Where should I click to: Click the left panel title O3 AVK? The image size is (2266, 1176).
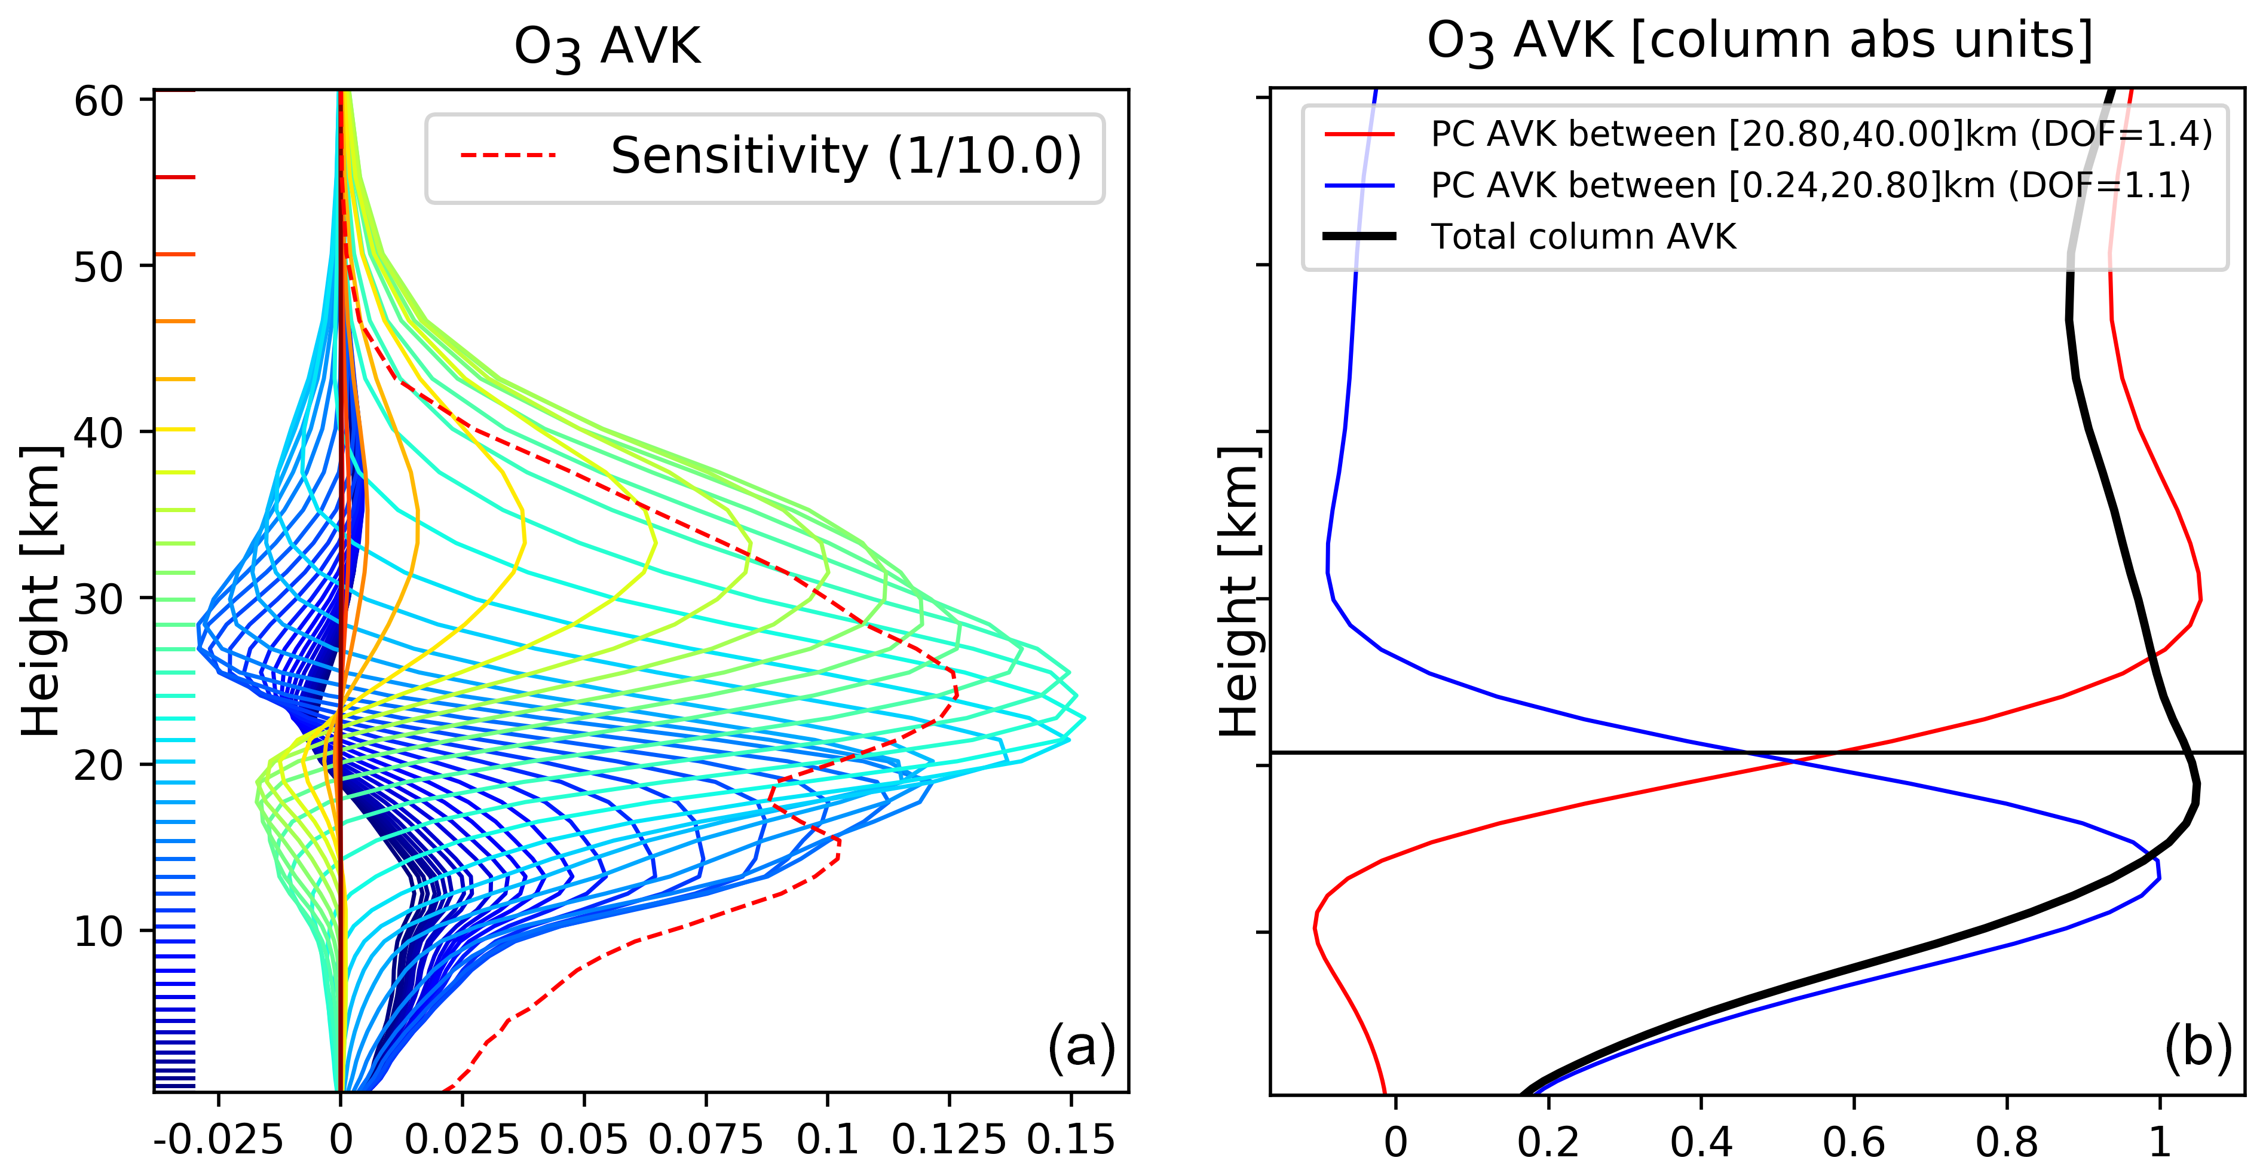tap(607, 46)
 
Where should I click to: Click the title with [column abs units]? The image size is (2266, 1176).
tap(1759, 41)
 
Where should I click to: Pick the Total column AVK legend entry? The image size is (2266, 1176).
tap(1584, 237)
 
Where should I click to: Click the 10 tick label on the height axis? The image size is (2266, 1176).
tap(99, 930)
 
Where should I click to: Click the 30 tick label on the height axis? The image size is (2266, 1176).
tap(99, 599)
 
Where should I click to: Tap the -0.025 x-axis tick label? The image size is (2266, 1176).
tap(218, 1140)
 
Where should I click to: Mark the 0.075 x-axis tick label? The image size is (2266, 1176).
tap(706, 1140)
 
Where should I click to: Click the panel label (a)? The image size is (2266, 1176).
tap(1081, 1047)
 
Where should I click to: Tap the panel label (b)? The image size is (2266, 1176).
tap(2197, 1047)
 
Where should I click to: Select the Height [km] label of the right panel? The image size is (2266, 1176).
tap(1239, 589)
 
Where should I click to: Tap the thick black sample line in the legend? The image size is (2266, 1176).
tap(1359, 237)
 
